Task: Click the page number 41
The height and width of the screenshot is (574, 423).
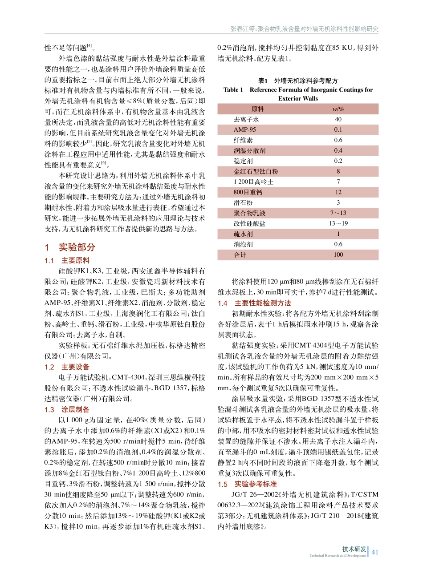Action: [x=374, y=552]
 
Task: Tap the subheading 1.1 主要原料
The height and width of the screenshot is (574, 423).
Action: [x=67, y=261]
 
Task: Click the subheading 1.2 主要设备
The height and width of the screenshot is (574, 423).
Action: [x=67, y=367]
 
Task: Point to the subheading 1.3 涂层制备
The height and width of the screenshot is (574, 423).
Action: [x=67, y=409]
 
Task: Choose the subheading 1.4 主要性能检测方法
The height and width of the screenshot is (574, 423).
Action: [x=254, y=303]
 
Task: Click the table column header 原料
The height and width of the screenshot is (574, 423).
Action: [x=258, y=109]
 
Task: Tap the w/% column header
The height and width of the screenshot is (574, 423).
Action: [x=338, y=109]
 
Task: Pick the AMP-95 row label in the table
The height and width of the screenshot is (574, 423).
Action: [x=245, y=129]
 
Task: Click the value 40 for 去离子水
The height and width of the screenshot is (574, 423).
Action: [x=338, y=119]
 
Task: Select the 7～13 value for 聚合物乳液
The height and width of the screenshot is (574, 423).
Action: [x=338, y=213]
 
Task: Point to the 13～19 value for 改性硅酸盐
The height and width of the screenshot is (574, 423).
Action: [x=338, y=223]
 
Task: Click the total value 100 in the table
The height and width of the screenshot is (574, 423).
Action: [x=338, y=255]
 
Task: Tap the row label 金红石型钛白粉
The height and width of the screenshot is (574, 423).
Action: [x=256, y=171]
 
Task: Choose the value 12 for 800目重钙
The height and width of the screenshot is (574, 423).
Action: [x=338, y=192]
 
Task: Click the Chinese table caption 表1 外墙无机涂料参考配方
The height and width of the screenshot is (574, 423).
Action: [x=298, y=81]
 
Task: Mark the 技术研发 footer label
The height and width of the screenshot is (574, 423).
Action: [x=354, y=549]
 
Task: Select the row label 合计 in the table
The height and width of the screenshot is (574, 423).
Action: [x=240, y=255]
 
